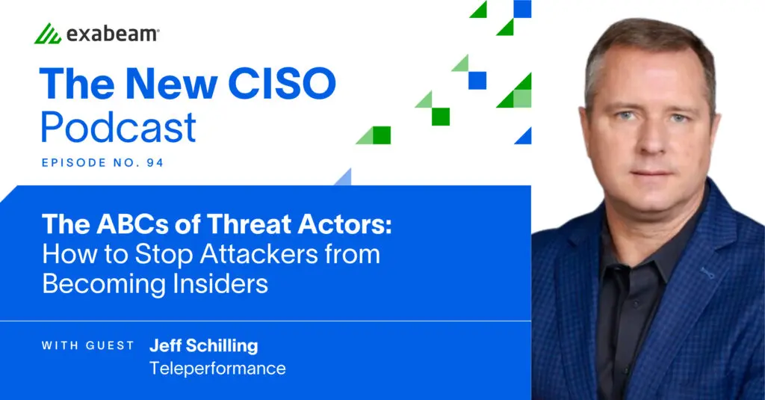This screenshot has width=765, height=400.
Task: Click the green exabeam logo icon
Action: [x=48, y=34]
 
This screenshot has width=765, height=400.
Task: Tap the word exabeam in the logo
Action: [x=112, y=34]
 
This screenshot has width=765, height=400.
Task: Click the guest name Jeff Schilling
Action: [x=203, y=345]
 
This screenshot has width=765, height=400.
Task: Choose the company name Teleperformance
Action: [x=217, y=368]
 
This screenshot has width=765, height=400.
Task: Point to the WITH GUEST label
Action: [x=88, y=345]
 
